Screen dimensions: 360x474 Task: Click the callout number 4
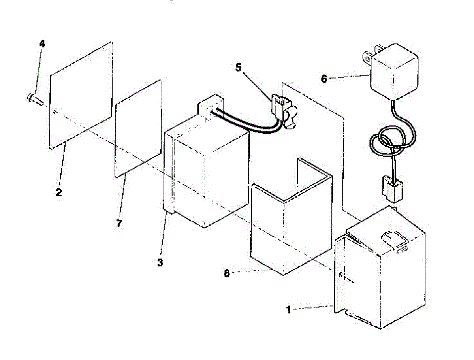point(42,43)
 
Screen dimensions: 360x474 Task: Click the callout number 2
point(58,192)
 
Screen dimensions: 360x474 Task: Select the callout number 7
point(119,223)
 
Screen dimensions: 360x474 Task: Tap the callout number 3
point(160,262)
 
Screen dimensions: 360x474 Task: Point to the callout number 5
point(238,67)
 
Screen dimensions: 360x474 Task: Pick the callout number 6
point(324,79)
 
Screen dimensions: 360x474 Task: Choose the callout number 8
point(227,273)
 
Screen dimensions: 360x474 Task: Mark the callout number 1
point(289,310)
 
